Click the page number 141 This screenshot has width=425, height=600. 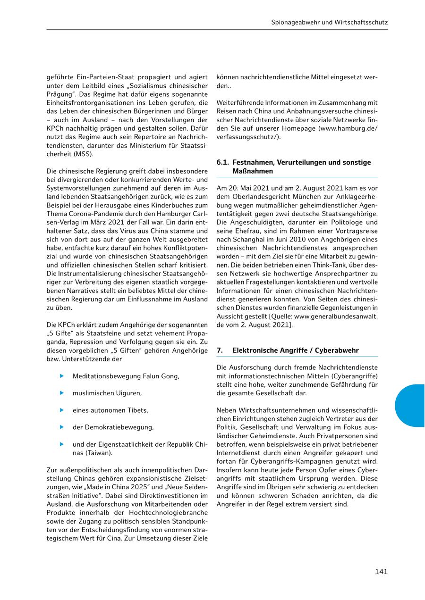pyautogui.click(x=381, y=572)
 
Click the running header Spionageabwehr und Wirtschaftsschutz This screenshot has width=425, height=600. pyautogui.click(x=330, y=22)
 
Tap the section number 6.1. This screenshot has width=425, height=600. pyautogui.click(x=222, y=162)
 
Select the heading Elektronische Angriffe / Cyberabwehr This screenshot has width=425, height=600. pyautogui.click(x=295, y=350)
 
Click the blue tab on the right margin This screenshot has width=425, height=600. pyautogui.click(x=411, y=405)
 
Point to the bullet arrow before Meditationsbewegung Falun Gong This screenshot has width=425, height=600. pyautogui.click(x=61, y=376)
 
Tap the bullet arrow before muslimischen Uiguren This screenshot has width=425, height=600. pyautogui.click(x=61, y=393)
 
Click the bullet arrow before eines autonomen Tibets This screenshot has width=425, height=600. pyautogui.click(x=61, y=410)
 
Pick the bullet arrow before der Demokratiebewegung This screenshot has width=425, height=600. pyautogui.click(x=61, y=427)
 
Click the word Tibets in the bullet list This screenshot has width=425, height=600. pyautogui.click(x=138, y=410)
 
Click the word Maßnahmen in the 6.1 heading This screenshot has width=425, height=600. pyautogui.click(x=253, y=171)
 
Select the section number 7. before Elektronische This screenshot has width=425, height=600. pyautogui.click(x=220, y=350)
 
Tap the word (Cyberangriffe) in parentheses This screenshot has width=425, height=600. pyautogui.click(x=355, y=375)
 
